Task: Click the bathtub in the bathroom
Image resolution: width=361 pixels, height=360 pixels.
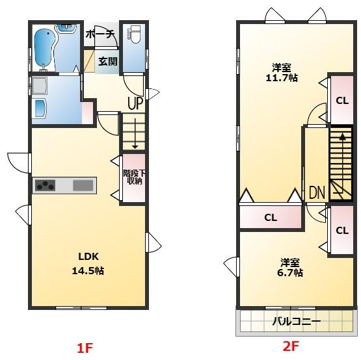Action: tap(46, 47)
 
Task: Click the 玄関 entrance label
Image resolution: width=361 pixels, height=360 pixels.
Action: tap(107, 62)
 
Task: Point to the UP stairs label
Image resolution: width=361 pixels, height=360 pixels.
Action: tap(135, 102)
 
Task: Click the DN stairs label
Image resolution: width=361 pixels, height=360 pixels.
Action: tap(316, 192)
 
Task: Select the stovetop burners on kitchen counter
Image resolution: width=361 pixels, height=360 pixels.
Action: tap(45, 185)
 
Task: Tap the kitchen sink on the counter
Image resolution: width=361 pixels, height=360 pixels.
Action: tap(83, 185)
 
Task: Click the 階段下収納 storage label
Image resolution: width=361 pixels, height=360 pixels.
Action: tap(133, 177)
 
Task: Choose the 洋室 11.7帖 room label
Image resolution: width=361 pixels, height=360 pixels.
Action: tap(281, 72)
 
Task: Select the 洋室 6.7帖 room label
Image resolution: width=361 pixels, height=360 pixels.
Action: tap(291, 267)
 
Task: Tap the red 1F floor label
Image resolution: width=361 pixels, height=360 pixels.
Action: tap(85, 349)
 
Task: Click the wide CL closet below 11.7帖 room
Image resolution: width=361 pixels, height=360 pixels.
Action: tap(271, 218)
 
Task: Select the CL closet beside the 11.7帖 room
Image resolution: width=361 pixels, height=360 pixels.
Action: tap(341, 100)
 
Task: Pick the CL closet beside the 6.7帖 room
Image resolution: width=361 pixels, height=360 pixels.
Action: tap(341, 230)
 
